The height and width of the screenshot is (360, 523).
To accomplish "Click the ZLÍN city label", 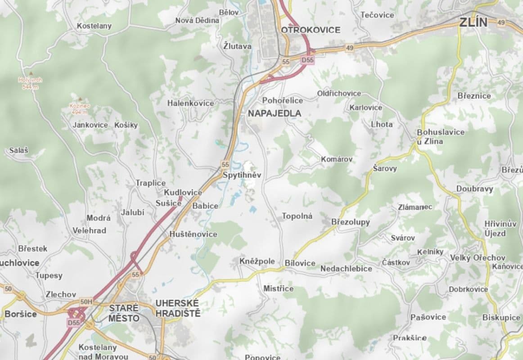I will [x=474, y=22].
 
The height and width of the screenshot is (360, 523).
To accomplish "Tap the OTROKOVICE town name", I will [x=311, y=30].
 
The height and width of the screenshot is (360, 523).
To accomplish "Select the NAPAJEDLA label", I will [x=275, y=113].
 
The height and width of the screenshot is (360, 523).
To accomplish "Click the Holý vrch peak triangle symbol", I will [x=31, y=73].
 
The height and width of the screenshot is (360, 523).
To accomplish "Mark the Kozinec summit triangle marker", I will [x=80, y=99].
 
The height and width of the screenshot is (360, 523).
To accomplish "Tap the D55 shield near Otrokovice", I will [x=307, y=59].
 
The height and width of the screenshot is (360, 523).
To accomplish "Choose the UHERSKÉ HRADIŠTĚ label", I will [x=177, y=308].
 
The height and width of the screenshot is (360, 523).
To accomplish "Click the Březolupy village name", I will [x=350, y=222].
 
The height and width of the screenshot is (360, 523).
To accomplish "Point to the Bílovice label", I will [x=300, y=263].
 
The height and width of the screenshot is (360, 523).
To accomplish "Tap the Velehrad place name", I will [x=90, y=230].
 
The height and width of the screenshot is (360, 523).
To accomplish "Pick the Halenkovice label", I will [x=190, y=103].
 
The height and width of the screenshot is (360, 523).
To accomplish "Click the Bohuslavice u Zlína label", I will [x=434, y=136].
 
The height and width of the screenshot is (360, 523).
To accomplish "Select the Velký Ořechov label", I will [x=478, y=258].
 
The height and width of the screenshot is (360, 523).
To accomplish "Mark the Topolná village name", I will [x=297, y=216].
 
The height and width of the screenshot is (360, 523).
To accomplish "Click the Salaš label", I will [x=18, y=151].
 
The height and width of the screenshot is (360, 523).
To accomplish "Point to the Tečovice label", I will [x=377, y=15].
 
